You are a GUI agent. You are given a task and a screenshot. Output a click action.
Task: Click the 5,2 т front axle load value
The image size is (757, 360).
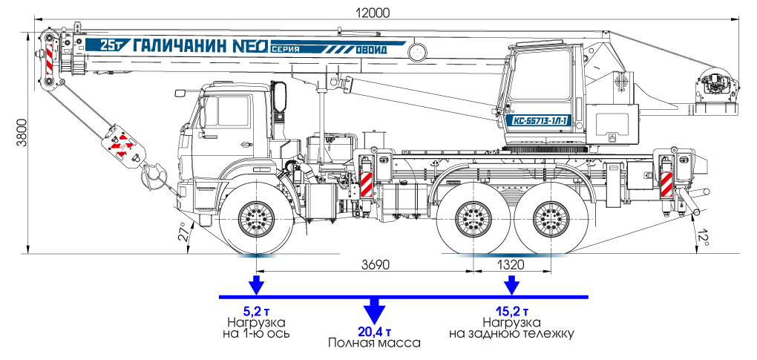pyautogui.click(x=255, y=311)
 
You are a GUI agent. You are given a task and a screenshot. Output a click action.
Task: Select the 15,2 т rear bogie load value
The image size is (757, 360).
pyautogui.click(x=511, y=311)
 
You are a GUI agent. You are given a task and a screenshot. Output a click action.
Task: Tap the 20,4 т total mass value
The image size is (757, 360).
pyautogui.click(x=374, y=332)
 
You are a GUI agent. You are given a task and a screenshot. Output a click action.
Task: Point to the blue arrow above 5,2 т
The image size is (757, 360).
pyautogui.click(x=255, y=285)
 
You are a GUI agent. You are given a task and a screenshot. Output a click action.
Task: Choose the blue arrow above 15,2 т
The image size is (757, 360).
pyautogui.click(x=511, y=285)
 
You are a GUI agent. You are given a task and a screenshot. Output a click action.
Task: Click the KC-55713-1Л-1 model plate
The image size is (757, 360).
pyautogui.click(x=540, y=120)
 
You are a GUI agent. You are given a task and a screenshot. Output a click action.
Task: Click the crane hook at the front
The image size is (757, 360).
pyautogui.click(x=151, y=176)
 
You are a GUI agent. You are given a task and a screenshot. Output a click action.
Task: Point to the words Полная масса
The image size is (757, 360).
pyautogui.click(x=374, y=344)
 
